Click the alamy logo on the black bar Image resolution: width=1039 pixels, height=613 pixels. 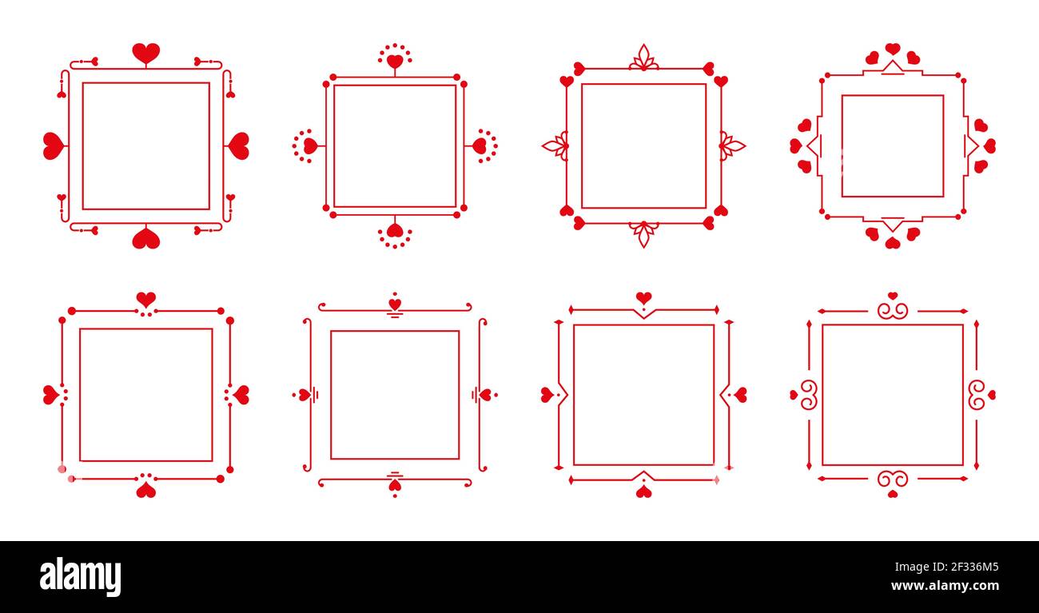click(x=80, y=577)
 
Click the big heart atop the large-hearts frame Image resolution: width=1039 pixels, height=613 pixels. click(x=145, y=54)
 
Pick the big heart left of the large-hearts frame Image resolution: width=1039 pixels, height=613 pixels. click(x=53, y=145)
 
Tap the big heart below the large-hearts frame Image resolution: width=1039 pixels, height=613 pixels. click(x=145, y=238)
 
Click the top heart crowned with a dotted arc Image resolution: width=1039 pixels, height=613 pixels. click(x=395, y=61)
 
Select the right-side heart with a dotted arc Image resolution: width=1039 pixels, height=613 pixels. click(x=480, y=145)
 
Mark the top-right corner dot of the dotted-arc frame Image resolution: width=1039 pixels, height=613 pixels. click(x=463, y=83)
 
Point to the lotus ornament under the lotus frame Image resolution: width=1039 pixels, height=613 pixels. click(x=643, y=233)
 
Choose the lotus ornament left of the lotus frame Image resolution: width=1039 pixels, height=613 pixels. click(x=555, y=145)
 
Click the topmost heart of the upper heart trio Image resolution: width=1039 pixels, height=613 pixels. click(x=892, y=49)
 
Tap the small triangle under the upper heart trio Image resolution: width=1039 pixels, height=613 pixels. click(x=892, y=67)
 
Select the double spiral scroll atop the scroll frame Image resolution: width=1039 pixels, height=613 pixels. click(x=892, y=310)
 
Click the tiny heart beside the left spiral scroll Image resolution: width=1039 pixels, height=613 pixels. click(x=794, y=395)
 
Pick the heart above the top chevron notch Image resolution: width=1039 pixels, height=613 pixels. click(x=643, y=298)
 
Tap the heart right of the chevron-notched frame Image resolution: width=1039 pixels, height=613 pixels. click(x=740, y=395)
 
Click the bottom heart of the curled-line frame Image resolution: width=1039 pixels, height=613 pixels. click(x=395, y=485)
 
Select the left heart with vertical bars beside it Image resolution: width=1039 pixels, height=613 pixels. click(x=304, y=395)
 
